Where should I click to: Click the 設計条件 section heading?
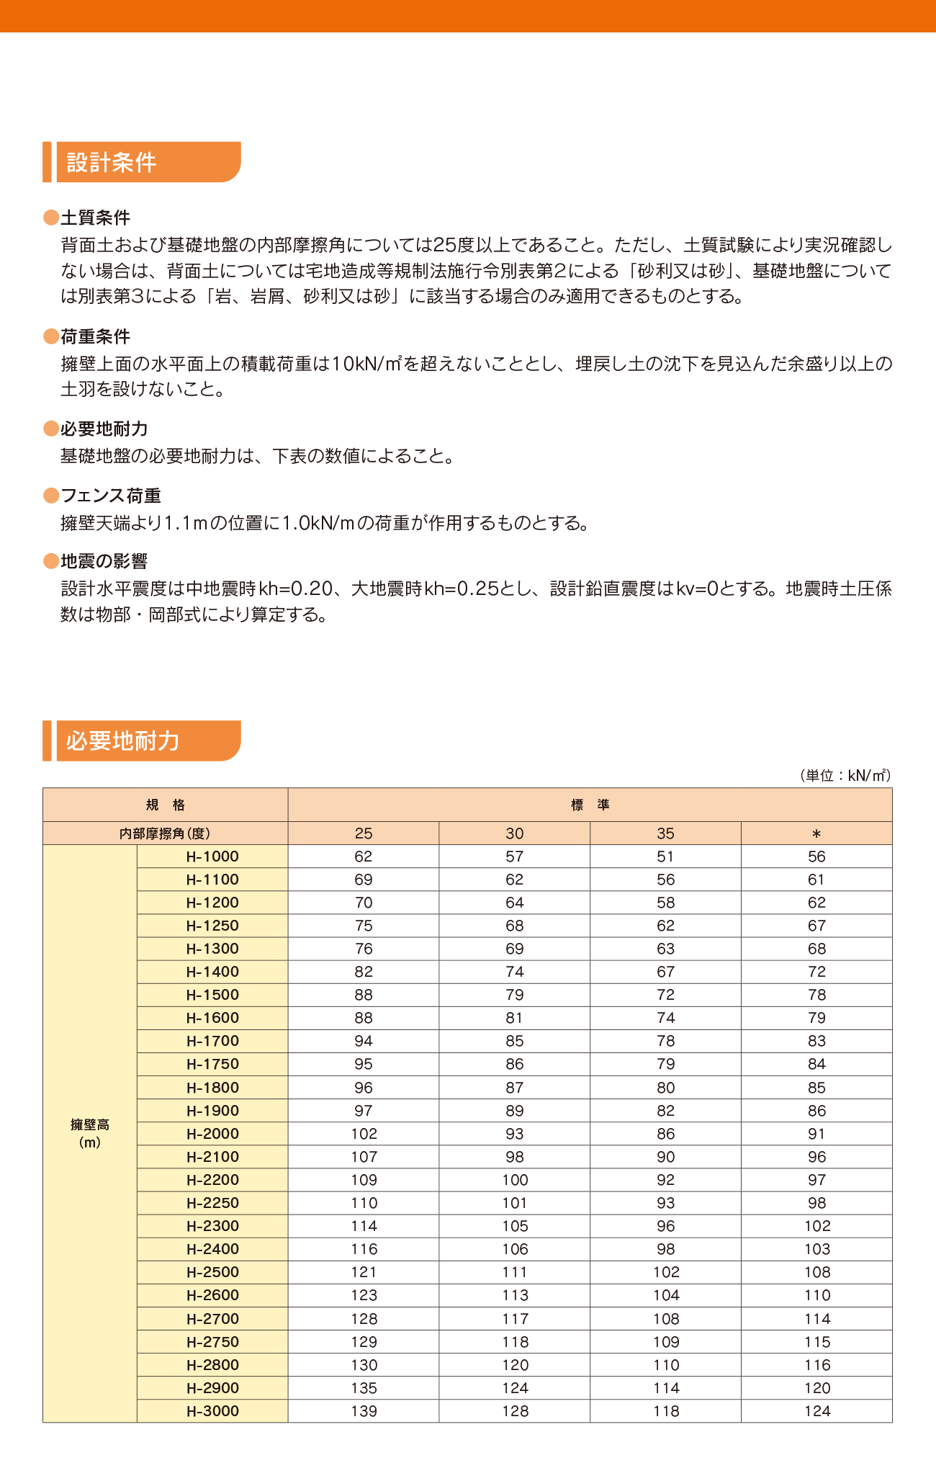click(x=112, y=162)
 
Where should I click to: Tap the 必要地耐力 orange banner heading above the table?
click(x=122, y=741)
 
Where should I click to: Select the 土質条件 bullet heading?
click(x=95, y=218)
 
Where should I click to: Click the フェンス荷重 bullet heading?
click(x=111, y=496)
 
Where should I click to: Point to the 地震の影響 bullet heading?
click(x=104, y=561)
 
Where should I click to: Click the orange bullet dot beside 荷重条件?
click(x=51, y=336)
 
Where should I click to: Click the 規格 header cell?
click(x=166, y=805)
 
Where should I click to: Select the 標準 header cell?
click(x=590, y=805)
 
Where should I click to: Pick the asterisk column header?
click(x=816, y=833)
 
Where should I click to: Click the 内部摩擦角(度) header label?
click(x=165, y=833)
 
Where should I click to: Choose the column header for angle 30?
click(x=514, y=833)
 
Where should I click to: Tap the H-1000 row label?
click(x=212, y=856)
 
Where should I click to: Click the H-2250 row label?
click(x=212, y=1203)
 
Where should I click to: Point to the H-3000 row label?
click(x=212, y=1411)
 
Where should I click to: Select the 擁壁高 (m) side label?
click(x=90, y=1133)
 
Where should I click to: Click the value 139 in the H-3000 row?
click(x=364, y=1411)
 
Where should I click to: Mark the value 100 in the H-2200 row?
click(x=515, y=1180)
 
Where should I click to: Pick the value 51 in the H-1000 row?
click(x=665, y=856)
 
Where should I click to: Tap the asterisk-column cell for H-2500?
click(x=816, y=1272)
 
